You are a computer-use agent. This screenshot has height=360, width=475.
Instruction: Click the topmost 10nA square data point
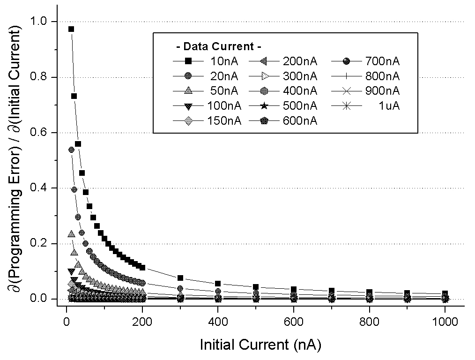tap(71, 29)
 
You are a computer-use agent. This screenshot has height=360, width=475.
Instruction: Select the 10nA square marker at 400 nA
tap(218, 284)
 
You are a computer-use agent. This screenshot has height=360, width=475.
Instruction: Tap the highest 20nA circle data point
tap(71, 150)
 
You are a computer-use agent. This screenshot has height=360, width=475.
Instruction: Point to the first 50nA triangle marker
tap(71, 234)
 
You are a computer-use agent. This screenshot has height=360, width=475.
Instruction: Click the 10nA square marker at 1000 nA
tap(445, 293)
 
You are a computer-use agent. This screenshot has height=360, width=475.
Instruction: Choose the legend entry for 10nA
tap(206, 61)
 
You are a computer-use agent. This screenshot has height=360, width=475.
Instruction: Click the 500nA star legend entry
tap(285, 106)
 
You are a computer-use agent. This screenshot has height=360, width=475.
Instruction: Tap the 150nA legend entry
tap(206, 121)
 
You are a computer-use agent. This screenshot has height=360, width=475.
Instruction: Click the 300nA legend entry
tap(285, 76)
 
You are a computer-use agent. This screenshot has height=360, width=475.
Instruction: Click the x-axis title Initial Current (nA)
tap(260, 345)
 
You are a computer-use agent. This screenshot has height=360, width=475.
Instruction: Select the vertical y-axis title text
tap(15, 159)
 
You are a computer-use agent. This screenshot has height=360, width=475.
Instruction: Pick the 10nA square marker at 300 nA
tap(180, 278)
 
